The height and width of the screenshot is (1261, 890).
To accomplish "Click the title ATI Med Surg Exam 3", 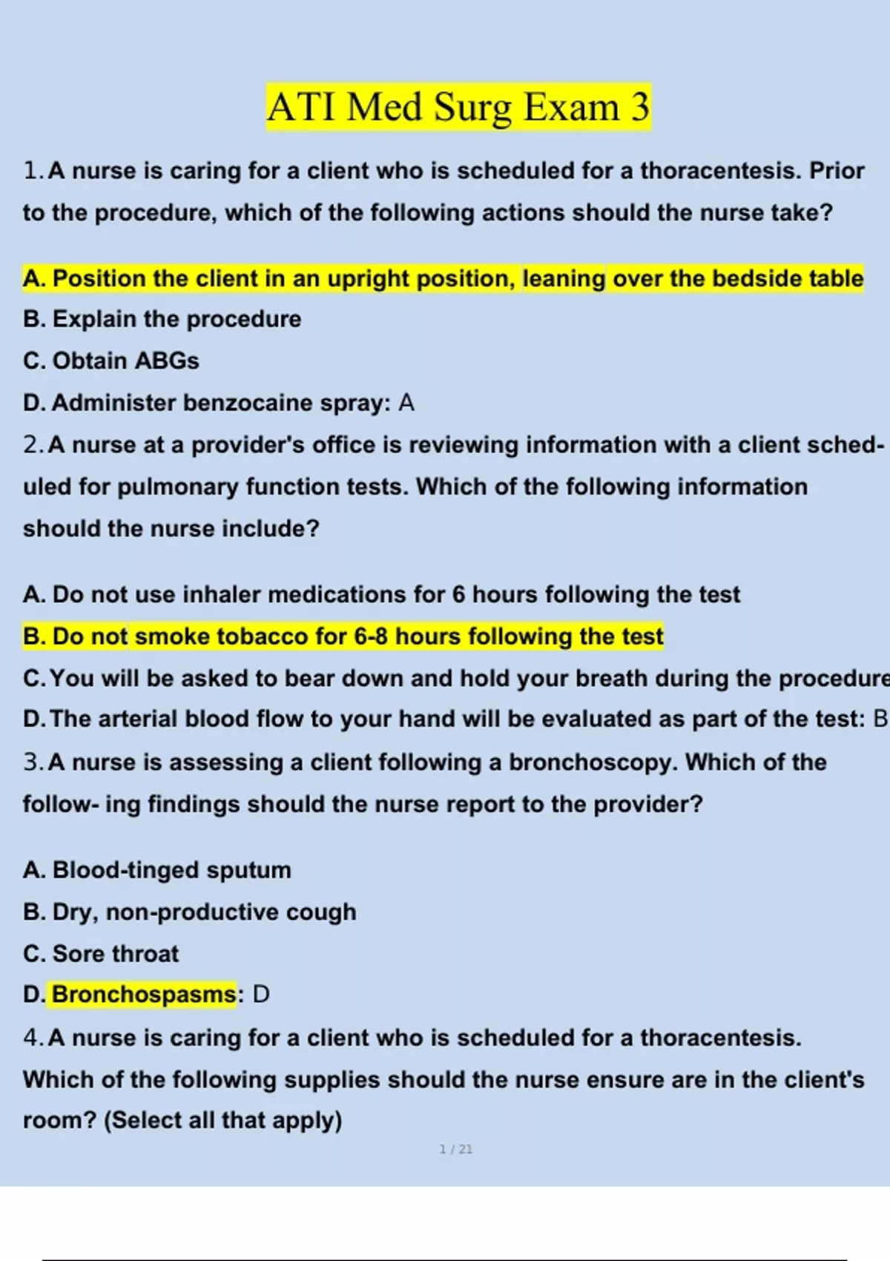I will [x=458, y=107].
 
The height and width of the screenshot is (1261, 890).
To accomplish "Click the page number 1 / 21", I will [x=456, y=1149].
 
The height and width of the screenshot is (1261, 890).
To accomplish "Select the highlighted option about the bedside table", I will [x=443, y=279].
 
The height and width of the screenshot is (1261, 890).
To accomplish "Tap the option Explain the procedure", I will [x=162, y=320].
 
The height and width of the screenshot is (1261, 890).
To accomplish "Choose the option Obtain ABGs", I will [x=111, y=361].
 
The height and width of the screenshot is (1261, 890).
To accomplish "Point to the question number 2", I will [x=33, y=445].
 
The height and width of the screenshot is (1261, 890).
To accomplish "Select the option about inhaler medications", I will [x=381, y=595].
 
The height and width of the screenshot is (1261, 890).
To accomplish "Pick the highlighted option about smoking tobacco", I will [x=343, y=636].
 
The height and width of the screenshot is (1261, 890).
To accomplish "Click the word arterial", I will [x=138, y=720].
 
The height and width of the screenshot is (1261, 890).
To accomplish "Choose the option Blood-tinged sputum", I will [x=157, y=870].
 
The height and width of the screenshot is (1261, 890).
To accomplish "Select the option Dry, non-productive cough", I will [x=189, y=912].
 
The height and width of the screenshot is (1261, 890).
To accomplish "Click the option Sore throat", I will [x=101, y=954].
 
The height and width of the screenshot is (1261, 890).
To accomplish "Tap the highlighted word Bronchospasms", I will [x=144, y=995].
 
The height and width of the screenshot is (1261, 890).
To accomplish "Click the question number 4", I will [x=33, y=1038].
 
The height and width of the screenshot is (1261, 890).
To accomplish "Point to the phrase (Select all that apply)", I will [x=222, y=1120].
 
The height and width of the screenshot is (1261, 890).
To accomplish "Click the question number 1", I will [x=33, y=171].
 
